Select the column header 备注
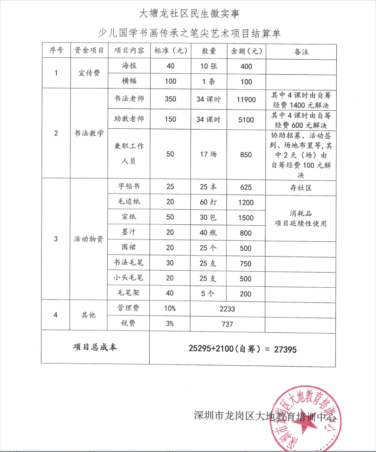[301, 51]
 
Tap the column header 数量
[209, 51]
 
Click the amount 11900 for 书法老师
[247, 99]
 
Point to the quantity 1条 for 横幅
[209, 81]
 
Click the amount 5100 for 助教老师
[247, 120]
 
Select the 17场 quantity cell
[209, 154]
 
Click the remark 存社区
[301, 187]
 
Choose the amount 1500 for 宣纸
[247, 217]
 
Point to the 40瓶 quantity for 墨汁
[209, 232]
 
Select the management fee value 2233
[227, 309]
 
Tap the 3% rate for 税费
[170, 324]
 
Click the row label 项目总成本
[95, 347]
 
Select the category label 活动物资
[89, 239]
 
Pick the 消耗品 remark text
[301, 213]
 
